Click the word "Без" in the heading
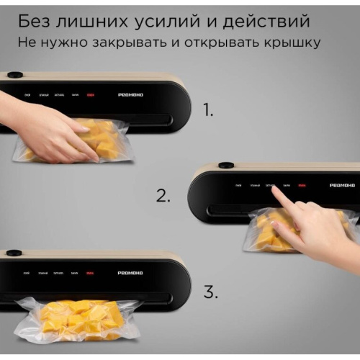click(x=35, y=19)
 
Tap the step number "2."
click(x=165, y=194)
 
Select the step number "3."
click(x=210, y=292)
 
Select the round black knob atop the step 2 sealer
click(x=226, y=166)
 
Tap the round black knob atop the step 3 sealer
click(x=13, y=253)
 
